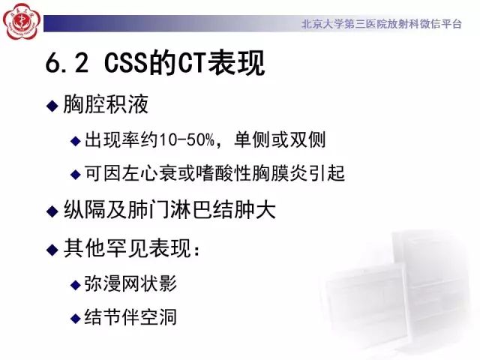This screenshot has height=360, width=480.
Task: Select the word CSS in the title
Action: (x=128, y=65)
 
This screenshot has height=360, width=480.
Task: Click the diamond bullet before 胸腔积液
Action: (x=52, y=106)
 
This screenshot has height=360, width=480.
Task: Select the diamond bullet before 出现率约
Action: (x=75, y=140)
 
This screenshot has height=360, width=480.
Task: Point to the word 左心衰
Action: (x=157, y=174)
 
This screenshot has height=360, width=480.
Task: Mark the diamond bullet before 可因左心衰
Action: (x=75, y=174)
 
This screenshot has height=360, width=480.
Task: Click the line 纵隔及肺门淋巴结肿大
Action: (x=169, y=210)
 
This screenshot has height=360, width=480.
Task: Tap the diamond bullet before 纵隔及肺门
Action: (x=52, y=210)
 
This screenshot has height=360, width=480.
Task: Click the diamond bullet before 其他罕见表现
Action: (x=52, y=248)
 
